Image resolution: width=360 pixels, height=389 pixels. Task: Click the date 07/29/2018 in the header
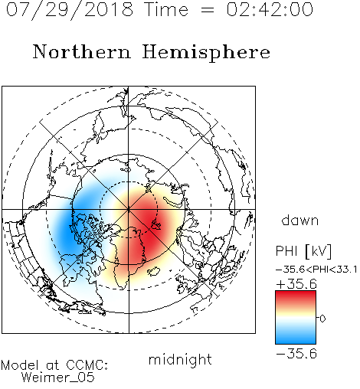[70, 10]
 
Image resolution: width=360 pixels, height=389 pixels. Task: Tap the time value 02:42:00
[270, 9]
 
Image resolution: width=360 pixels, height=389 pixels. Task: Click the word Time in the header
[166, 9]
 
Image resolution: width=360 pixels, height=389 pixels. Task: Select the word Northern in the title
[82, 51]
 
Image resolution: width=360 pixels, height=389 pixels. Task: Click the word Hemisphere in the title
[206, 53]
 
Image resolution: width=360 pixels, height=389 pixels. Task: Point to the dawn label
[300, 220]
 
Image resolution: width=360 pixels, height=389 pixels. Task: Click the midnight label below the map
[180, 359]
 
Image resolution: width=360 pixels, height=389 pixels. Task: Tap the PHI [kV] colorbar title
[303, 251]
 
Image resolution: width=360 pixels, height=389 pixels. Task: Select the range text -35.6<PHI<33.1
[316, 270]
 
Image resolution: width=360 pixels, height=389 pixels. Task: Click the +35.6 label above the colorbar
[296, 284]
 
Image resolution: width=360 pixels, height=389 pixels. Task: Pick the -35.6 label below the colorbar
[296, 354]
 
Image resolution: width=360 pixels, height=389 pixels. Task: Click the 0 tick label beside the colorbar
[322, 319]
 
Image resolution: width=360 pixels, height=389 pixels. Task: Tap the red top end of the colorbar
[296, 293]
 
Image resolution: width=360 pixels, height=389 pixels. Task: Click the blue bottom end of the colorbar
[296, 342]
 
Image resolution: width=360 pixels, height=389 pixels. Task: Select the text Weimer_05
[58, 377]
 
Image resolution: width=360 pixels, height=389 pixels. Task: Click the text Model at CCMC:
[54, 365]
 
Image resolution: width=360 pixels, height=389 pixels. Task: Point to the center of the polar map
[129, 210]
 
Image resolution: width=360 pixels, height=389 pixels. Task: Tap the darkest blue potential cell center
[67, 231]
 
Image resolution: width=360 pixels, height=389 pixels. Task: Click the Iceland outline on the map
[153, 271]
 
